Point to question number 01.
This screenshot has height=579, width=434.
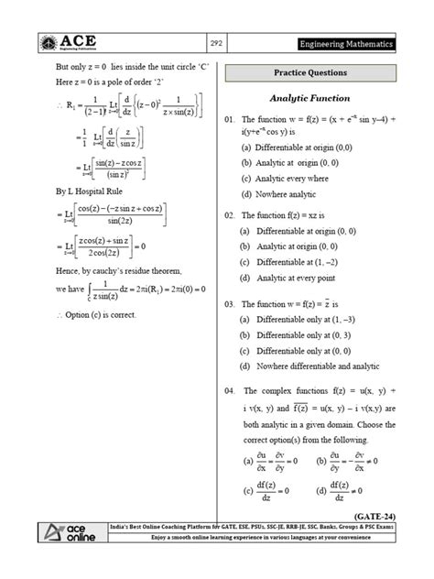pos(230,119)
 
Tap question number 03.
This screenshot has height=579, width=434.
pos(230,302)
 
